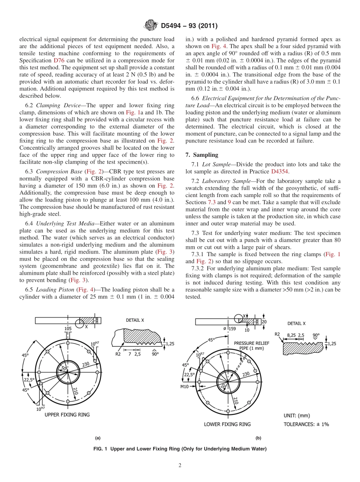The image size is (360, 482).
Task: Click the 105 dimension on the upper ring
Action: pos(68,329)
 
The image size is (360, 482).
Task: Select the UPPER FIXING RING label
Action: pos(67,415)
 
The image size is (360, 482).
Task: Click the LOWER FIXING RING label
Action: pos(227,424)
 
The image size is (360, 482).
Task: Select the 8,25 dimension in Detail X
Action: pos(291,335)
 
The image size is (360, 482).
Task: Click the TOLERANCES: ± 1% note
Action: pos(306,424)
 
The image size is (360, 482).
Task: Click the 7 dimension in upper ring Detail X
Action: pos(130,354)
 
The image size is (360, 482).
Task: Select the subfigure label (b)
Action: pos(258,438)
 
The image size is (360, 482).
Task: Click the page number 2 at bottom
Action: pos(180,465)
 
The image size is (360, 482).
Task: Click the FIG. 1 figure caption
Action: pos(180,449)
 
